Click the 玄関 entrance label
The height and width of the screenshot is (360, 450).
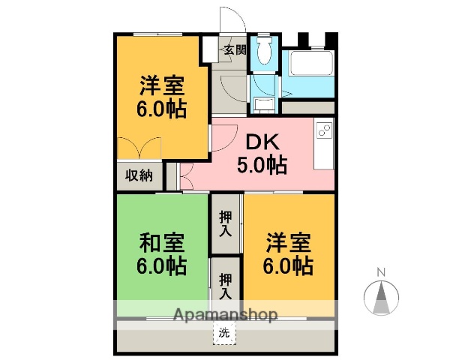click(233, 50)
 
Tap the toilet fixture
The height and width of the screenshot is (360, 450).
click(263, 52)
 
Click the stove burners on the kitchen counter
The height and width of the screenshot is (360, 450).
click(325, 130)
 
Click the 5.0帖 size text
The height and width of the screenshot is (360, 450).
click(262, 164)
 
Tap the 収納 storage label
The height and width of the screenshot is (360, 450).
click(139, 175)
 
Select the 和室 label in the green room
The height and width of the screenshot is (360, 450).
click(161, 244)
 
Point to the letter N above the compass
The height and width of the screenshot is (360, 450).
click(381, 271)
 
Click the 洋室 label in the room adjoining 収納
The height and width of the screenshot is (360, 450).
click(161, 83)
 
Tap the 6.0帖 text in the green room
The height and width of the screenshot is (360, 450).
click(161, 265)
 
